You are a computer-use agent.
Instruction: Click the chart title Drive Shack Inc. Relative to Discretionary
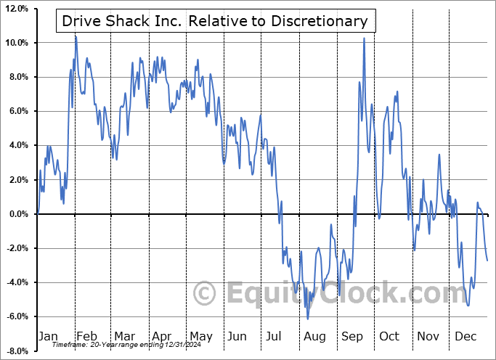pyautogui.click(x=214, y=21)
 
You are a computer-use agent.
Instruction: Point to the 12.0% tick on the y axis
pyautogui.click(x=16, y=9)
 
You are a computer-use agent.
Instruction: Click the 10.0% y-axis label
pyautogui.click(x=16, y=43)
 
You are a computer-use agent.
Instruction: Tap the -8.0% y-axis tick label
pyautogui.click(x=17, y=351)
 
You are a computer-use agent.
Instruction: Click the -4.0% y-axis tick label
pyautogui.click(x=17, y=282)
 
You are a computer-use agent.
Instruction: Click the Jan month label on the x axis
pyautogui.click(x=47, y=336)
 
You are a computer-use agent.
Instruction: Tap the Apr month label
pyautogui.click(x=161, y=336)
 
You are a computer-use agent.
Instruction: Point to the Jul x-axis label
pyautogui.click(x=274, y=336)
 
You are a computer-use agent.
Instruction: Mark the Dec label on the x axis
pyautogui.click(x=465, y=336)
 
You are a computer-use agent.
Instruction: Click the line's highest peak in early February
pyautogui.click(x=76, y=36)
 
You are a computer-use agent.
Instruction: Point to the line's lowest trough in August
pyautogui.click(x=308, y=319)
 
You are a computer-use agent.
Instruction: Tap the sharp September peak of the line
pyautogui.click(x=364, y=38)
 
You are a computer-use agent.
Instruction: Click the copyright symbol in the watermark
pyautogui.click(x=206, y=294)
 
